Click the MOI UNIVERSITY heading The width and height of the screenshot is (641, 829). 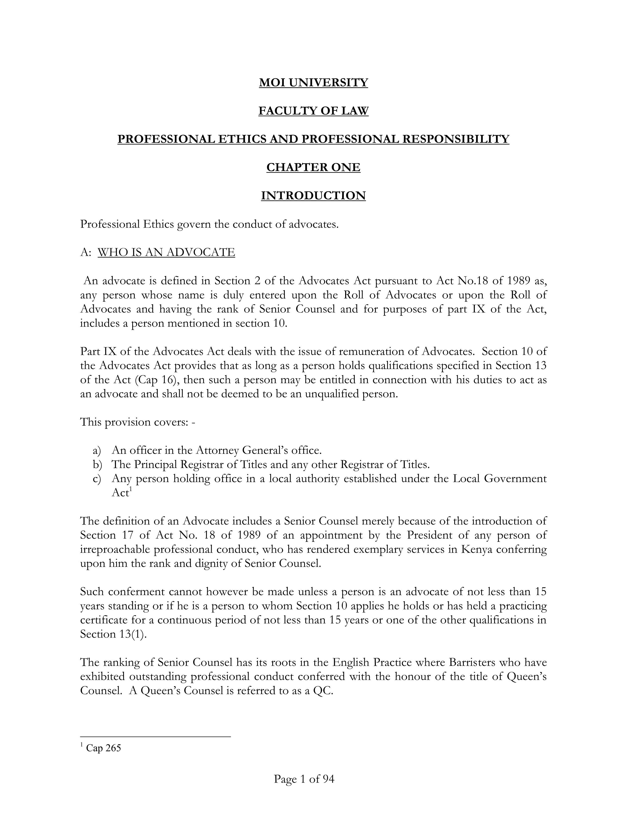[x=313, y=82]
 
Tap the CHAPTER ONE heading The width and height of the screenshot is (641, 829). [x=313, y=167]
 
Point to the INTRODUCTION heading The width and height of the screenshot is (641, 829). [x=313, y=196]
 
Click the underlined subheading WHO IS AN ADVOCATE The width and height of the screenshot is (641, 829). [x=166, y=252]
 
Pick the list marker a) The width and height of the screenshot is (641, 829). [x=97, y=451]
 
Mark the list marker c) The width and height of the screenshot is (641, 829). [x=97, y=479]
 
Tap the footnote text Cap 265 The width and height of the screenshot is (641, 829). [x=103, y=759]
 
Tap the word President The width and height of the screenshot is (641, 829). [x=430, y=535]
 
